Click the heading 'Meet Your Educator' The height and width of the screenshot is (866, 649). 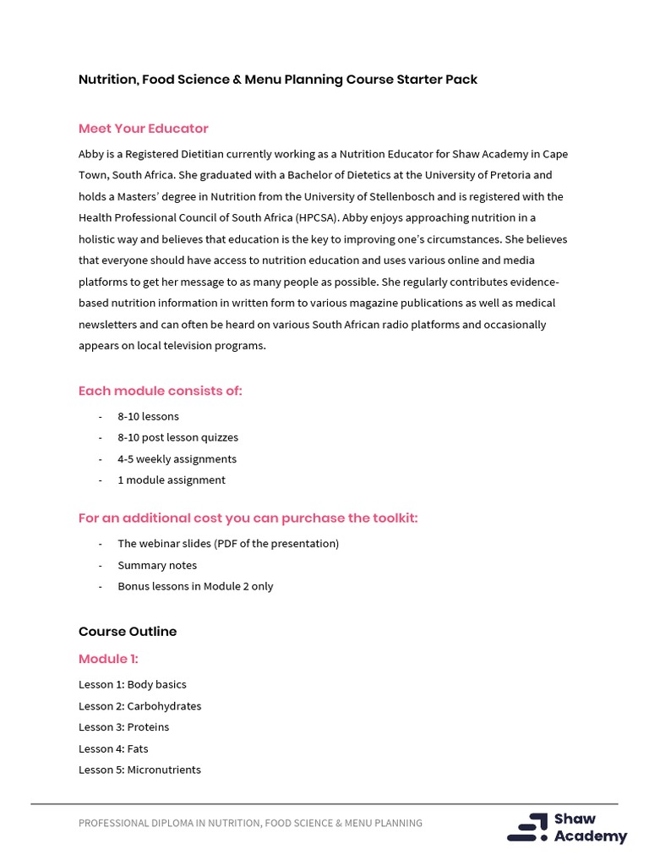143,129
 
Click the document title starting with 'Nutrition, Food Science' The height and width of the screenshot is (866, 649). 277,79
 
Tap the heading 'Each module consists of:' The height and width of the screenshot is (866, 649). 160,391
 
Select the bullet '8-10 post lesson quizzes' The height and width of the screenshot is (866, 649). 177,437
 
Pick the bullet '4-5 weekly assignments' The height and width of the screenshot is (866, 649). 177,458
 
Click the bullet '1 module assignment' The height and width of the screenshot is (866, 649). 171,480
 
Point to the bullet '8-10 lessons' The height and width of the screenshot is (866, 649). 148,416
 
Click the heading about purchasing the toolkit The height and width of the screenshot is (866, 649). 248,518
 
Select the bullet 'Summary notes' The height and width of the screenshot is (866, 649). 157,565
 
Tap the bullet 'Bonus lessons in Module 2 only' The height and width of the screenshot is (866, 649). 195,586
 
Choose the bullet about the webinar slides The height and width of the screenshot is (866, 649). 228,543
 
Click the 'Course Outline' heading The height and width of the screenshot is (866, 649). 128,632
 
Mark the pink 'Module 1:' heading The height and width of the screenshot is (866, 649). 108,659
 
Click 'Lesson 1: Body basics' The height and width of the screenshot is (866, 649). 133,684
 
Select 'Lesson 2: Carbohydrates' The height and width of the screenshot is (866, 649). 139,705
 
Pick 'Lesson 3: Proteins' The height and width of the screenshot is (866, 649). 123,726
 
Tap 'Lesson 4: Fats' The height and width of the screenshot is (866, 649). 113,748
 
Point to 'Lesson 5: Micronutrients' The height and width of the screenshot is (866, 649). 139,770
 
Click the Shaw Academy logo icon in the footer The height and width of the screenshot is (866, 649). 527,827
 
